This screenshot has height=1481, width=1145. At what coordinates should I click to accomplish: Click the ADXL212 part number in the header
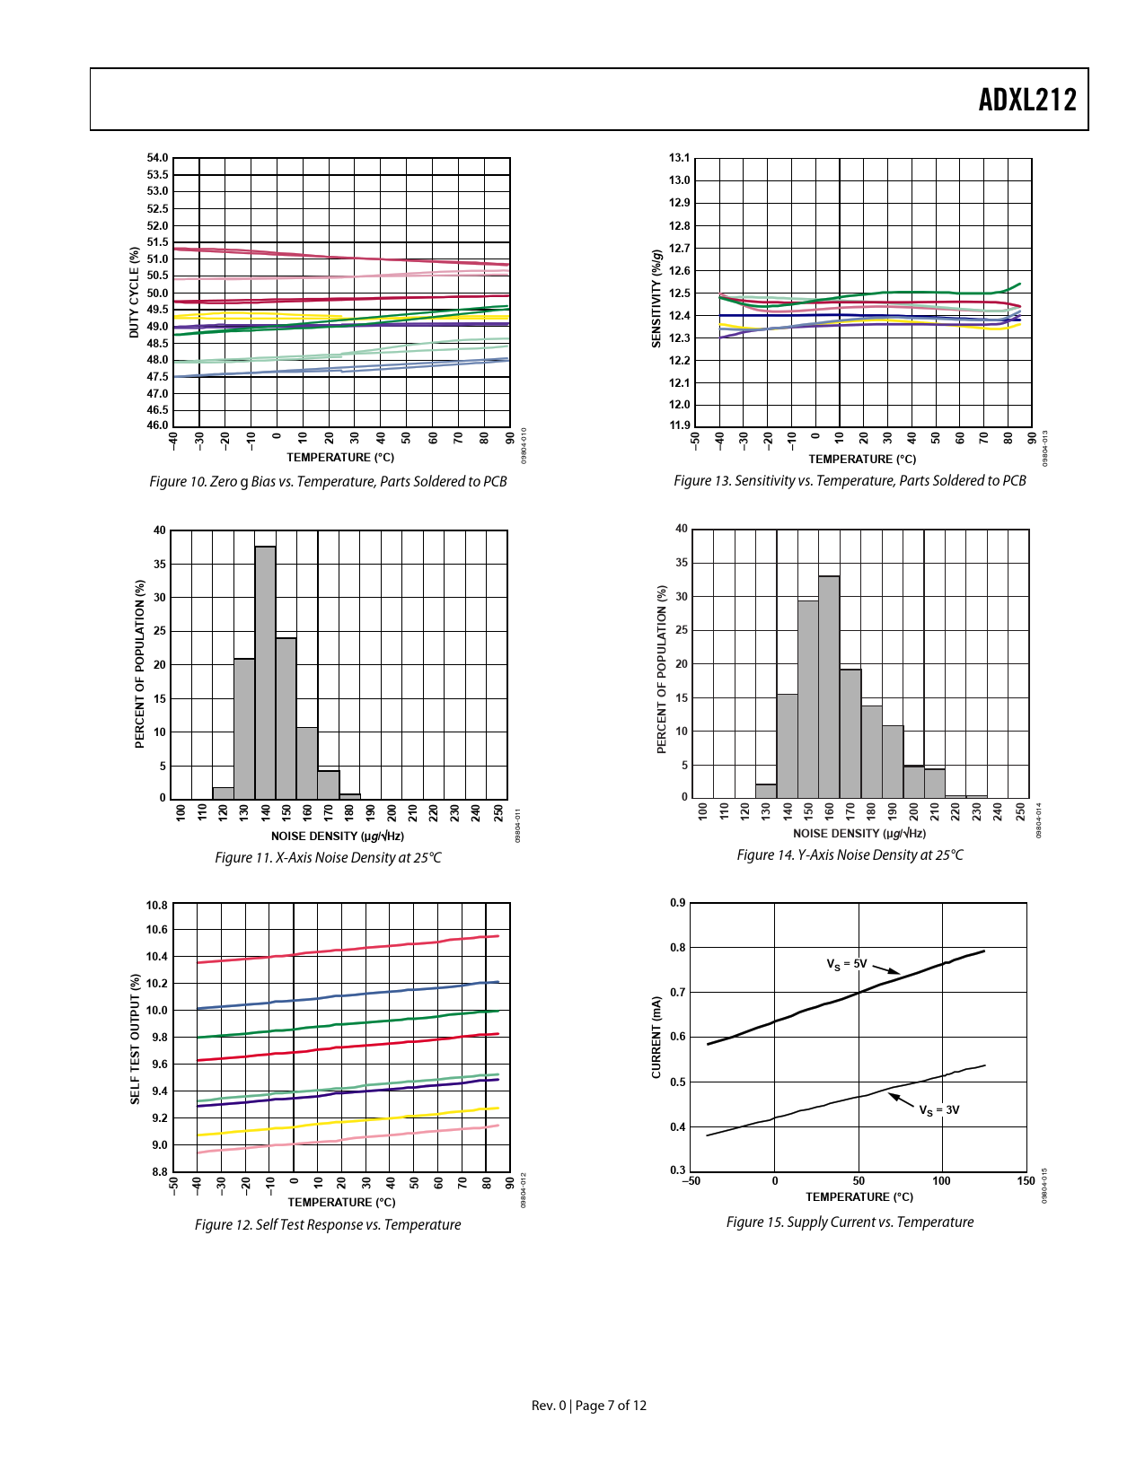pos(1026,100)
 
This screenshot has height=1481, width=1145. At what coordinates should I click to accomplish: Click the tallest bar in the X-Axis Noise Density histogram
pos(265,673)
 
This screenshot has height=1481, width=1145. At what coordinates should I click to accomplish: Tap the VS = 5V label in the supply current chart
pos(846,964)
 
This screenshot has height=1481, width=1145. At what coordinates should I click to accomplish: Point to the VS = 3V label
pos(938,1110)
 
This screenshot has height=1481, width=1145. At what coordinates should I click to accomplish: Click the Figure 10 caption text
pos(328,482)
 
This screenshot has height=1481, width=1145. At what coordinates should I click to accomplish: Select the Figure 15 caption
pos(850,1222)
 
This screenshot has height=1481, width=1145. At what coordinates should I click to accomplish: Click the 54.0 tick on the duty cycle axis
pos(157,158)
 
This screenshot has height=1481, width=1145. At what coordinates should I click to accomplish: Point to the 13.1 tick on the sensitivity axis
pos(680,158)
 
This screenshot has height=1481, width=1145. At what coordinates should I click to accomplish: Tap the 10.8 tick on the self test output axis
pos(157,905)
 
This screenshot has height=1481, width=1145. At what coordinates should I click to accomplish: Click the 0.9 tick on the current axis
pos(678,903)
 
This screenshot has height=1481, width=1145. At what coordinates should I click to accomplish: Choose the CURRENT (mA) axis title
pos(656,1037)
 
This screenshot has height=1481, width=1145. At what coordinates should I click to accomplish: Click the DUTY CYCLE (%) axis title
pos(135,293)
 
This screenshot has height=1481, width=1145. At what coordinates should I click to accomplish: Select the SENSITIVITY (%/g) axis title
pos(656,299)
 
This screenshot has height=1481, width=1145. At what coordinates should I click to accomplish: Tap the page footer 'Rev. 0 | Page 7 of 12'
pos(589,1406)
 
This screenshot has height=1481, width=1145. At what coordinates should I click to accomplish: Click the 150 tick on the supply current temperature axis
pos(1026,1181)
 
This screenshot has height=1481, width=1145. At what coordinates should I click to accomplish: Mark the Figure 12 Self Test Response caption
pos(328,1225)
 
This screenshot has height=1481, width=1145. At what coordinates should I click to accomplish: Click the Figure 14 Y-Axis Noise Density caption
pos(850,855)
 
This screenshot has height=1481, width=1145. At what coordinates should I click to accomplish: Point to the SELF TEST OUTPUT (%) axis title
pos(136,1038)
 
